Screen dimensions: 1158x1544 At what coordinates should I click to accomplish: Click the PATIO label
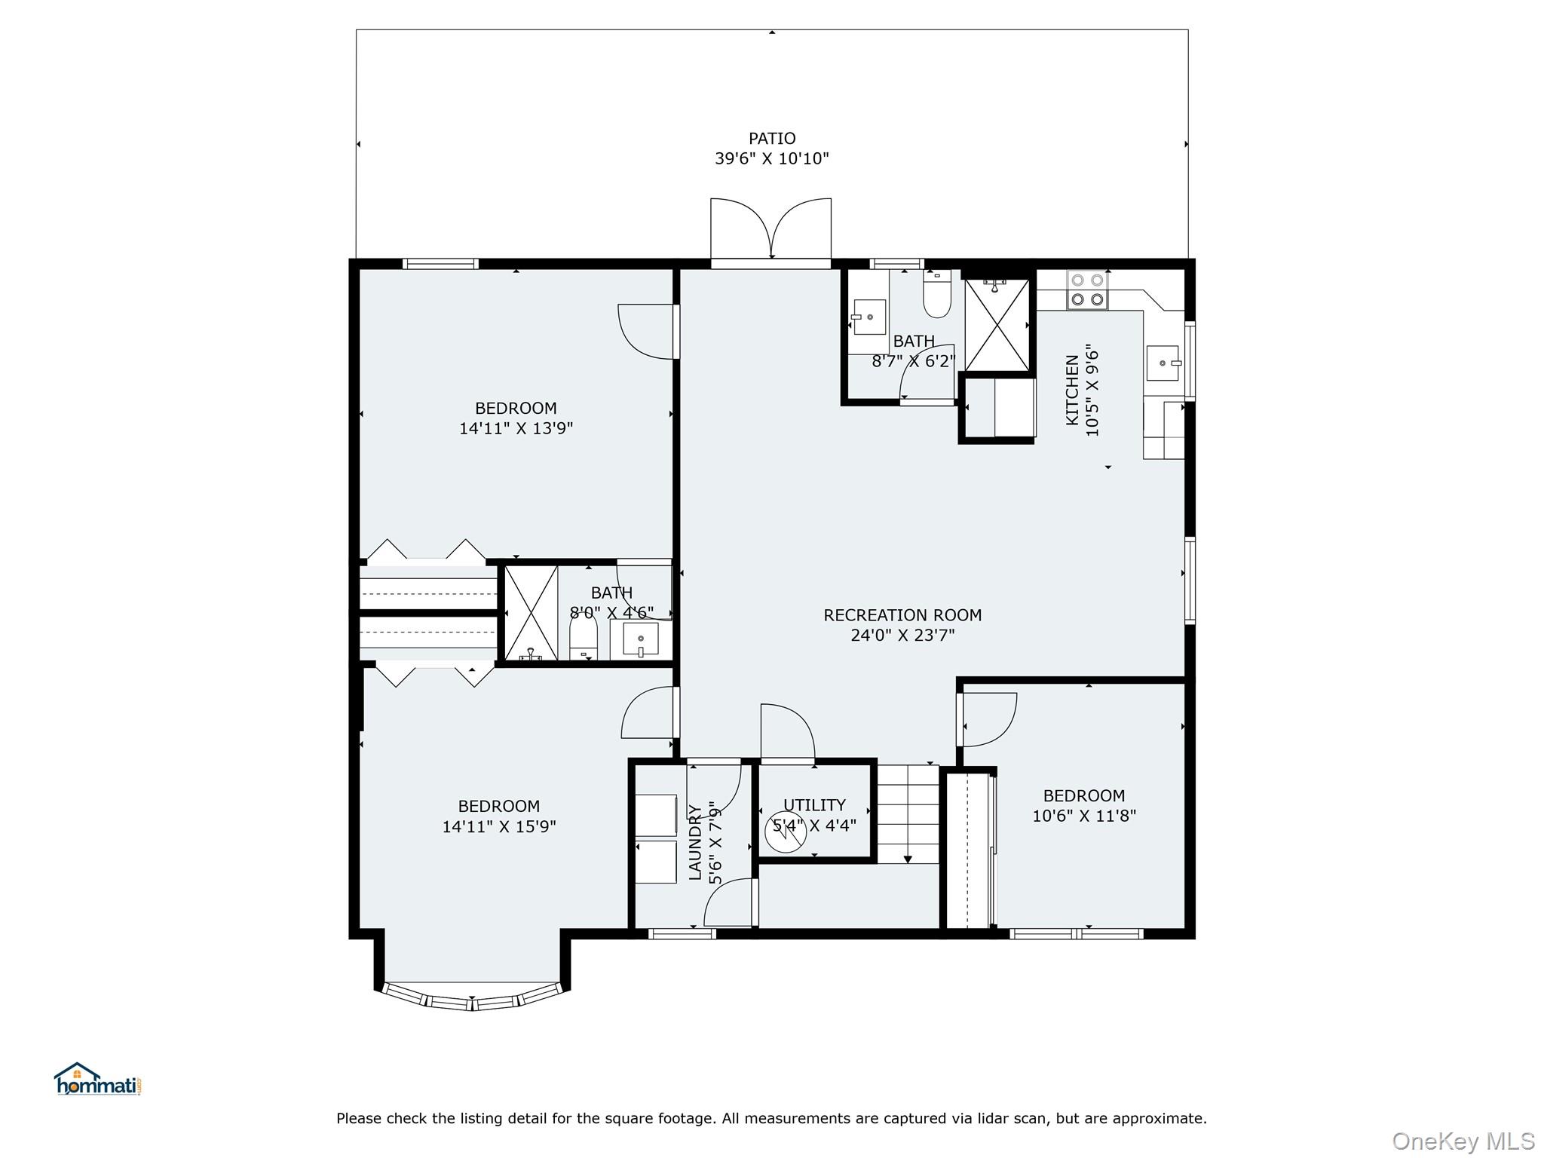coord(771,139)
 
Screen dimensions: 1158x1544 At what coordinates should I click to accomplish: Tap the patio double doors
coord(770,229)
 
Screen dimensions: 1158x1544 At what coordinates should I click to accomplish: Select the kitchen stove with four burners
coord(1087,290)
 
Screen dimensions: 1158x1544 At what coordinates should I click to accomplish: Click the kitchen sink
coord(1162,363)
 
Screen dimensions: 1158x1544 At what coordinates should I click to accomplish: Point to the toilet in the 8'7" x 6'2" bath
coord(937,299)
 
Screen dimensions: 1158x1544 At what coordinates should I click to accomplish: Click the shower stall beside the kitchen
coord(997,325)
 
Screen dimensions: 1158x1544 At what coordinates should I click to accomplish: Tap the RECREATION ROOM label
coord(902,615)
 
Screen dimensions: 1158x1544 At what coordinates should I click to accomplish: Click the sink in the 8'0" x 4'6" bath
coord(640,639)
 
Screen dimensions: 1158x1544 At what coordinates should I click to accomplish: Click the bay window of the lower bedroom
coord(472,997)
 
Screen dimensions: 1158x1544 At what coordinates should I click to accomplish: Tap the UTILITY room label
coord(814,805)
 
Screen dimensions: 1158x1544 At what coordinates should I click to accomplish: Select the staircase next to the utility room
coord(908,814)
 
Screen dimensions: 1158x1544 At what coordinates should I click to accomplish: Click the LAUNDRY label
coord(695,842)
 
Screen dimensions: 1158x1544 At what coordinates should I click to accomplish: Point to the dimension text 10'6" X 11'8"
coord(1083,816)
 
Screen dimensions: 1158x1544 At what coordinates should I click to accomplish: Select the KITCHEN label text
coord(1072,390)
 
